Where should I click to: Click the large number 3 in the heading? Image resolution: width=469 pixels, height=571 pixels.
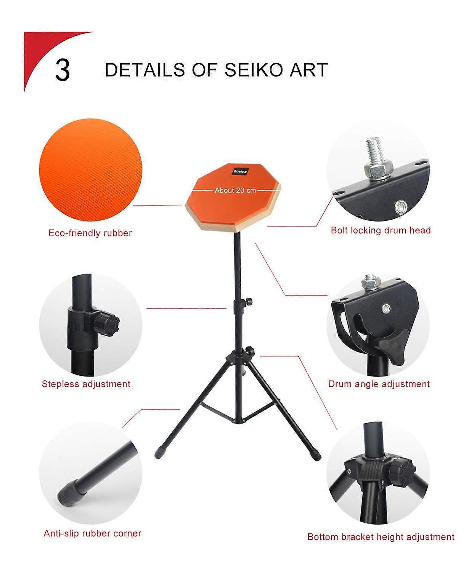pos(63,70)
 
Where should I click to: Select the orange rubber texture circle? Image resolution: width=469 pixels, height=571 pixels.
pos(91,170)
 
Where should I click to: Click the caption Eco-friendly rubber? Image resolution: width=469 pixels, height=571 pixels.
pos(90,233)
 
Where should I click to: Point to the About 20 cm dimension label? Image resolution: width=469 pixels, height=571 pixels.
pos(235,190)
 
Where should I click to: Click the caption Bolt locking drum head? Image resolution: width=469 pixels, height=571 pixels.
pos(381,230)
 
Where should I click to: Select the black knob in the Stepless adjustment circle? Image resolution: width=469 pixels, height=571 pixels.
pos(107,324)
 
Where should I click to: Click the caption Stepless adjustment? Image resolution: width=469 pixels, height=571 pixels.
pos(86,384)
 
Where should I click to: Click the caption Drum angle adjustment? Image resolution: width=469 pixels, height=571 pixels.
pos(379,384)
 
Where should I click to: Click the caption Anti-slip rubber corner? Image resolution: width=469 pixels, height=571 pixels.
pos(92,533)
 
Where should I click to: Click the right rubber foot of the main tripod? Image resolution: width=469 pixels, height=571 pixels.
pos(316,455)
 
